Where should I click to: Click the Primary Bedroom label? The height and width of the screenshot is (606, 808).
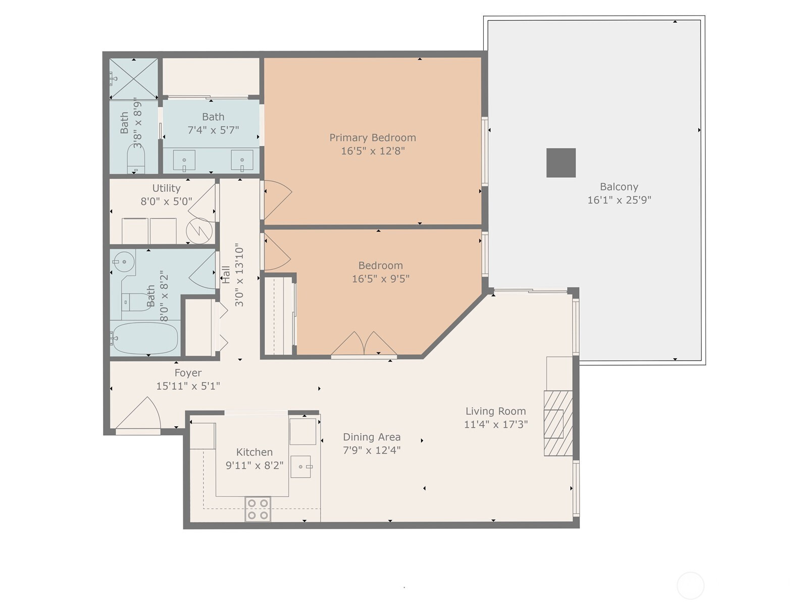pos(373,137)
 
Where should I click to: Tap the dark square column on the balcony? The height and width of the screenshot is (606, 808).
pos(561,163)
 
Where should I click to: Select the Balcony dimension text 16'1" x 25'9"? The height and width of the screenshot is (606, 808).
pos(619,200)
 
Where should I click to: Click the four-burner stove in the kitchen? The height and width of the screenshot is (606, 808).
pos(258,509)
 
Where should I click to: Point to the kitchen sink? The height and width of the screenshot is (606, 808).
pos(301,467)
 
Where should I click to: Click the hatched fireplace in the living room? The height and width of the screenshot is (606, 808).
pos(558,423)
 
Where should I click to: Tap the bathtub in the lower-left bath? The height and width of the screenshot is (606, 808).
pos(145,338)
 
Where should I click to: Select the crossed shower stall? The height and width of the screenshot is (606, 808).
pos(134,78)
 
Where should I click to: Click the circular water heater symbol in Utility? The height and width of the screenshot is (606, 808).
pos(199,231)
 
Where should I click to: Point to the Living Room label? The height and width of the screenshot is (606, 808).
pos(495,411)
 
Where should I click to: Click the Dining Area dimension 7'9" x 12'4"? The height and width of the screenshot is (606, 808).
pos(372,450)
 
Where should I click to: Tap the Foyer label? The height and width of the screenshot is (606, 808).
pos(188,373)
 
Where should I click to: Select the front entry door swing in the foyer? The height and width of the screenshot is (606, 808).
pos(138,413)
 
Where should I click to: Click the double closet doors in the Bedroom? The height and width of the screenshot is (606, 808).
pos(364,343)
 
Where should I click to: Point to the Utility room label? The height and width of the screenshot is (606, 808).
pos(166,188)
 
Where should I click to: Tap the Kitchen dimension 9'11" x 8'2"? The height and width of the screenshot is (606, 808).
pos(255,466)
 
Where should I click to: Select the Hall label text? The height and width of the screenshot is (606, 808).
pos(226,275)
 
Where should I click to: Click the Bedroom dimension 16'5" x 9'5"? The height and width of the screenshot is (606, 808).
pos(381,279)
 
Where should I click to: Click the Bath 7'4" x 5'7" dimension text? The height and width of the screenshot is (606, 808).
pos(213,130)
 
